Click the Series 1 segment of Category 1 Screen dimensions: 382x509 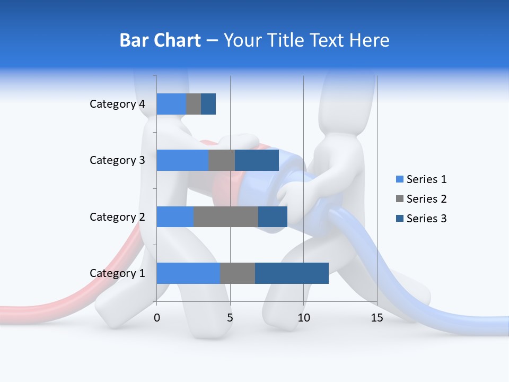click(188, 273)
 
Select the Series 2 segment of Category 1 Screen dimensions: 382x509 click(238, 273)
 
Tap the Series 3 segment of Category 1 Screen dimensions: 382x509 click(292, 273)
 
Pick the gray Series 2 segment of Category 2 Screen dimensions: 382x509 click(226, 216)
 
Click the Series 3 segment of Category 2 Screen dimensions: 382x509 click(273, 216)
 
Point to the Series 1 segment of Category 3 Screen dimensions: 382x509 click(182, 160)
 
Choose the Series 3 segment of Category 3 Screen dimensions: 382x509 click(257, 160)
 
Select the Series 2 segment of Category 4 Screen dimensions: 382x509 click(194, 104)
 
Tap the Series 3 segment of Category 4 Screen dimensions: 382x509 click(208, 104)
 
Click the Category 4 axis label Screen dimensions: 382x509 click(117, 104)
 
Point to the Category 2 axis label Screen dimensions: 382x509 click(117, 217)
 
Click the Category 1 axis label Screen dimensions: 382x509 click(117, 273)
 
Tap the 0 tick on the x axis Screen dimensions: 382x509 click(157, 318)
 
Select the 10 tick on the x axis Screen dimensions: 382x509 click(303, 318)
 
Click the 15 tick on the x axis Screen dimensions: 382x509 click(377, 318)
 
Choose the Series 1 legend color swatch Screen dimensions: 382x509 click(399, 179)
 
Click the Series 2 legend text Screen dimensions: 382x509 click(426, 199)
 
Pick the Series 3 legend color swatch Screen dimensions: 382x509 click(399, 219)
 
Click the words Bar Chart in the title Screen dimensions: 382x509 click(160, 40)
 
